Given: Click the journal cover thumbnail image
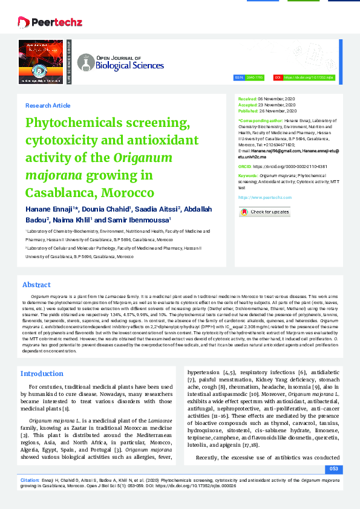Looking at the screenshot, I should (44, 62).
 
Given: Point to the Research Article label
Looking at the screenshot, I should (48, 105).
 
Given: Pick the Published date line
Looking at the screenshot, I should (267, 111).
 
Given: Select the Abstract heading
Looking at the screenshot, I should (36, 285).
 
